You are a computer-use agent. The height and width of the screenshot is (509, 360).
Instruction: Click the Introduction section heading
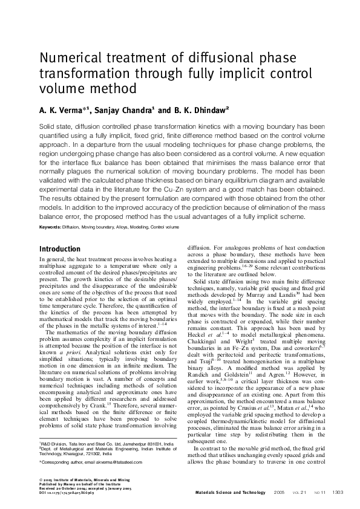(x=68, y=249)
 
